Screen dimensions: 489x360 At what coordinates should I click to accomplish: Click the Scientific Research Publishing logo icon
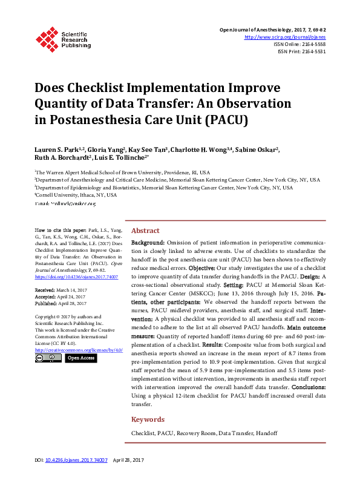pos(46,38)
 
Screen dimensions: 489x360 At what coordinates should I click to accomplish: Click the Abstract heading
pos(145,231)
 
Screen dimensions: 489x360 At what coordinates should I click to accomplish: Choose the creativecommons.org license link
pos(79,350)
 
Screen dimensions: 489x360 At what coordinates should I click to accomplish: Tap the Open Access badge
pos(80,358)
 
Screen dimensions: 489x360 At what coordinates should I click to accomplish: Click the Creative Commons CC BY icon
pos(48,358)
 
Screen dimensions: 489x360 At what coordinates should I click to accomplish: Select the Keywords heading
pos(148,419)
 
